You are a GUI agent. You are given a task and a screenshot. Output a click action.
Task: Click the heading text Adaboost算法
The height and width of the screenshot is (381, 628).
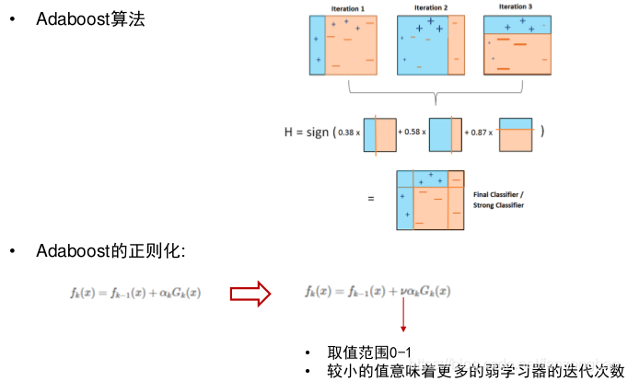click(x=90, y=19)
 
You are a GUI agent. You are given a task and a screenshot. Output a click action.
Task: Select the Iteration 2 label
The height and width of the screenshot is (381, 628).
click(x=430, y=8)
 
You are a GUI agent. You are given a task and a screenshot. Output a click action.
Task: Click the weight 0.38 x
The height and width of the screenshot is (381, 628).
click(x=349, y=133)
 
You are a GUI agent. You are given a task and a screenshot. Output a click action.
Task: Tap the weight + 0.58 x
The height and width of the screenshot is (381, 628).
click(x=412, y=133)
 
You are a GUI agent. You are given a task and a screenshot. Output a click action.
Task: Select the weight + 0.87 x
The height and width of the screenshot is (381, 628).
click(x=481, y=133)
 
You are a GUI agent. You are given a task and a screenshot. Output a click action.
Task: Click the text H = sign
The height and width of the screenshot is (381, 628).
click(x=307, y=133)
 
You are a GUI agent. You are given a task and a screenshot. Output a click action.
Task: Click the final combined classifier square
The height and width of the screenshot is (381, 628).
click(x=429, y=198)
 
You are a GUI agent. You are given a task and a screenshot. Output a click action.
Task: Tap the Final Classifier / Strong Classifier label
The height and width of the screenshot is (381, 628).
click(x=500, y=200)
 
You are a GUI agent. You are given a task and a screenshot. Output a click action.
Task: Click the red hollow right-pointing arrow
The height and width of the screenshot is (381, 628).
click(x=249, y=293)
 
